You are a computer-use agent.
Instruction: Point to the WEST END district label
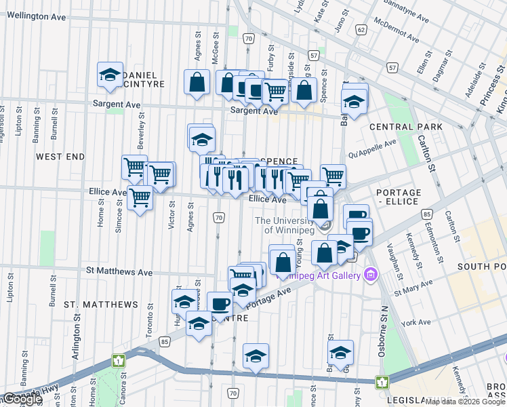[x=60, y=157]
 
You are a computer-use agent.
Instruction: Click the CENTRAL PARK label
[x=406, y=127]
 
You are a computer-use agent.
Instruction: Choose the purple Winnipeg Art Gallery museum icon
[x=369, y=275]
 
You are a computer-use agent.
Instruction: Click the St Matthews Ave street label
[x=119, y=271]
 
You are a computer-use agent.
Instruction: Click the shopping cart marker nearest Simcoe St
[x=140, y=197]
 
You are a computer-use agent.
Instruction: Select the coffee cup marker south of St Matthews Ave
[x=218, y=303]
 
